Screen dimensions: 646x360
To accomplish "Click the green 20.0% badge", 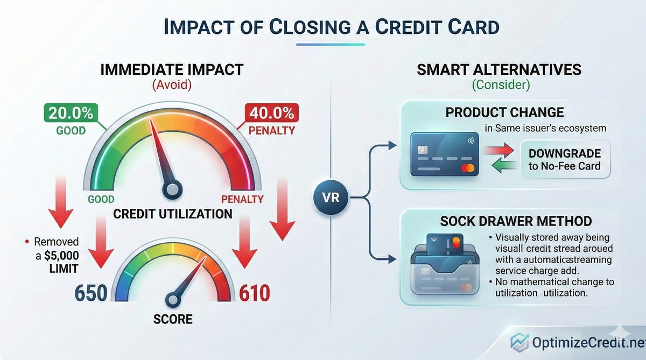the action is pos(71,112).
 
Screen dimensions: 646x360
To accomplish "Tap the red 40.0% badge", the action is pos(271,112).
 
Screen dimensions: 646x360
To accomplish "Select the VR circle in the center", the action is pos(331,197).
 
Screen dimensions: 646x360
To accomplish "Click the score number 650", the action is pos(91,293).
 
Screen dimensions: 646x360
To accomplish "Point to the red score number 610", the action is pos(255,293).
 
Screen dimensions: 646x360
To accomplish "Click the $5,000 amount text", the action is pos(61,256).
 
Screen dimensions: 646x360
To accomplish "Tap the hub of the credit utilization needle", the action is pos(172,189).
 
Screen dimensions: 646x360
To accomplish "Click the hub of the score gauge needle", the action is pos(173,300).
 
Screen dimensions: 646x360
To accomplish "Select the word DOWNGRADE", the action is pos(565,153).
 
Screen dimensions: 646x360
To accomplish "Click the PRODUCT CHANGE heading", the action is pos(505,112).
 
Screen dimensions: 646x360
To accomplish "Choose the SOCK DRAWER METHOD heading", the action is pos(516,221).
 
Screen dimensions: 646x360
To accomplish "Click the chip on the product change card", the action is pos(423,150).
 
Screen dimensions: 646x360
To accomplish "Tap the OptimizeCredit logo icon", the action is pos(519,342).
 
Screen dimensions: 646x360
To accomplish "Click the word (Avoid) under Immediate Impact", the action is pos(172,85).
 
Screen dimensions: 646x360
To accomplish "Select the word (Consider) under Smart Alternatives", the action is pos(501,85).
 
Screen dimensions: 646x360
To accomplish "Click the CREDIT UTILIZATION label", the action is pos(173,214).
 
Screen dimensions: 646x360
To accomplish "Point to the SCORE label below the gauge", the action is pos(173,319).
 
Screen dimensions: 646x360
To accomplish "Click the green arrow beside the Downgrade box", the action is pos(504,166).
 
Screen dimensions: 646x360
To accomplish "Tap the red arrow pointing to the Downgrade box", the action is pos(498,150).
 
